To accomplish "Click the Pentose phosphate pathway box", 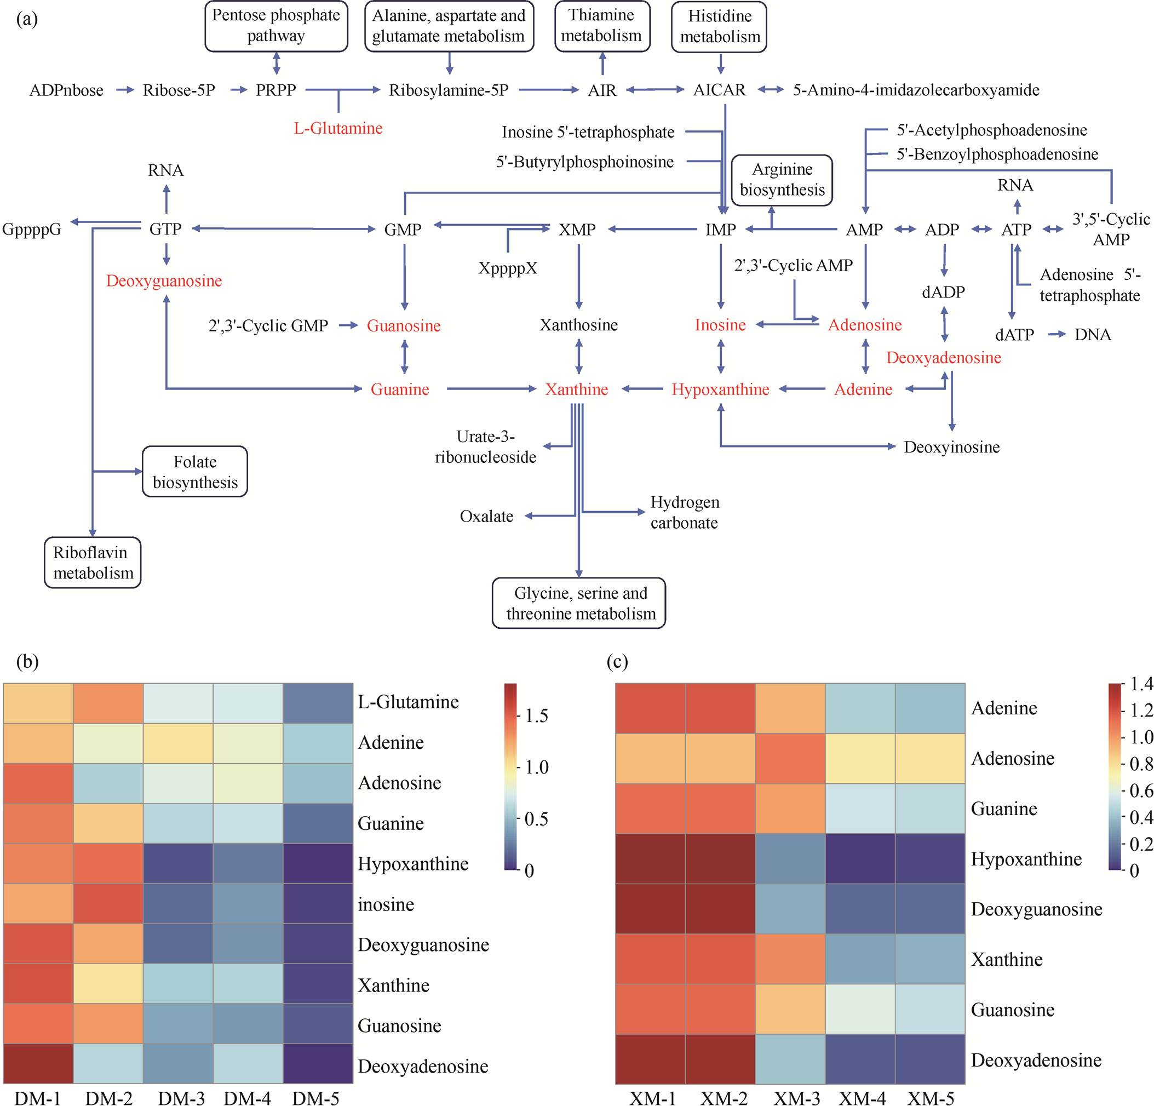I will [x=276, y=26].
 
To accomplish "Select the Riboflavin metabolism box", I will [x=93, y=563].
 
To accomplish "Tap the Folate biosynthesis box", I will [x=195, y=472].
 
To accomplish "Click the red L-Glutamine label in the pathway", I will [x=338, y=128].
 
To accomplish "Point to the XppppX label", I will [x=508, y=268].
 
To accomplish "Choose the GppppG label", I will [x=32, y=229].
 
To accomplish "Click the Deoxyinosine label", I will [x=951, y=447].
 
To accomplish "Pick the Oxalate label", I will [x=486, y=517].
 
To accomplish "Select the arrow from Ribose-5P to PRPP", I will [x=238, y=90].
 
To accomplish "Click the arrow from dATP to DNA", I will [x=1057, y=335].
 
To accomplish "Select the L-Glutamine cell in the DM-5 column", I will [x=318, y=703].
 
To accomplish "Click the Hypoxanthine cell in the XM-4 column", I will [x=860, y=858].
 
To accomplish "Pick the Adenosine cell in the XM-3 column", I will [x=790, y=759].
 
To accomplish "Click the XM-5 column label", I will [x=930, y=1098].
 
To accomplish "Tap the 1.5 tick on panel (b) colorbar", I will [x=536, y=716].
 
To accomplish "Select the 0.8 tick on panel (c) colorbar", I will [x=1141, y=764].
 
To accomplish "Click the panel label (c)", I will [x=617, y=661].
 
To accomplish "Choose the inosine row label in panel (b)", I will [x=386, y=904].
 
